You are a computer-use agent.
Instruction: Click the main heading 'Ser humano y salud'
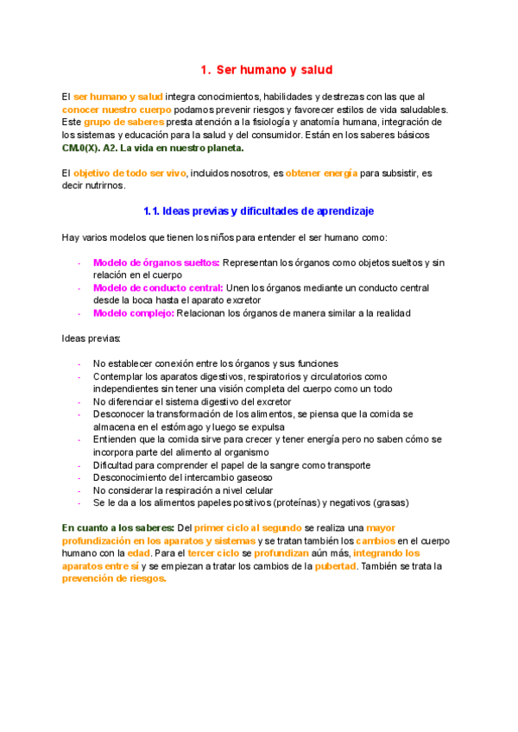pyautogui.click(x=266, y=69)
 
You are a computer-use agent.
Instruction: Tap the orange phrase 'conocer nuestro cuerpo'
pyautogui.click(x=110, y=110)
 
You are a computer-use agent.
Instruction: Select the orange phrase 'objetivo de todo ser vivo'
pyautogui.click(x=129, y=173)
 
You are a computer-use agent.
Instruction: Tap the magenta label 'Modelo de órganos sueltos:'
pyautogui.click(x=156, y=262)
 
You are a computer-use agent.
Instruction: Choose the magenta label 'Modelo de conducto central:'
pyautogui.click(x=158, y=287)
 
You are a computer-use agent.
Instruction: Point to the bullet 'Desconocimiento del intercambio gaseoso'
pyautogui.click(x=182, y=476)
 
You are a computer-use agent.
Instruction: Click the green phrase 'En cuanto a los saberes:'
pyautogui.click(x=117, y=527)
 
